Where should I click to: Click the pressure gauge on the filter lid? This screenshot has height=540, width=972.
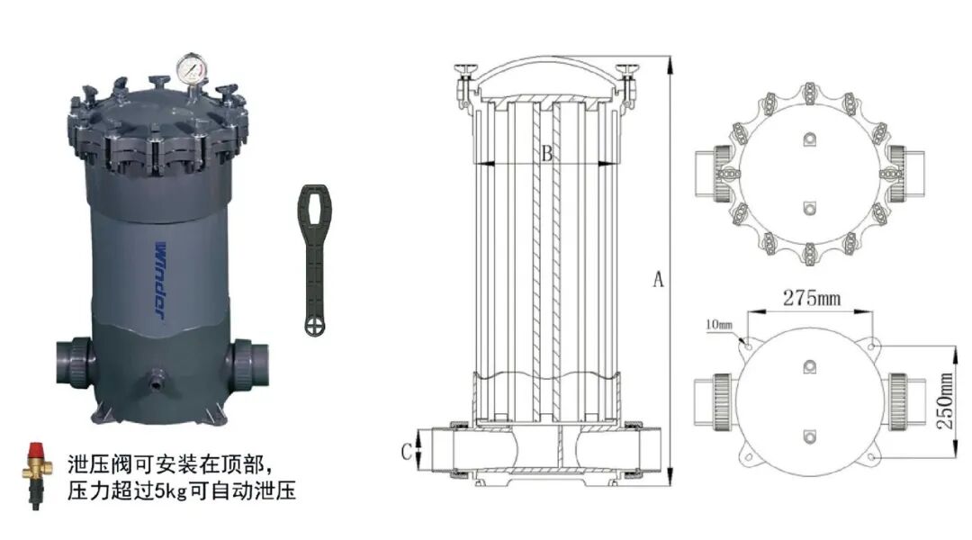[x=192, y=68]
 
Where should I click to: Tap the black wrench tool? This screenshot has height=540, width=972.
[x=314, y=260]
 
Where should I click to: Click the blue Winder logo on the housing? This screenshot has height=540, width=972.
[x=160, y=280]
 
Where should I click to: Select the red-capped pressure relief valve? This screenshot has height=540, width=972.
[x=36, y=475]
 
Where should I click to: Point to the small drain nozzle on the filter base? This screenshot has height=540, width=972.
[x=155, y=379]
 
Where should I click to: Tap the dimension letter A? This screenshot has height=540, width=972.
[x=658, y=279]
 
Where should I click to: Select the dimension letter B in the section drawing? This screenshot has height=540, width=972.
[x=547, y=153]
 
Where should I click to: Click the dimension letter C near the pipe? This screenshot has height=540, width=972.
[x=406, y=452]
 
